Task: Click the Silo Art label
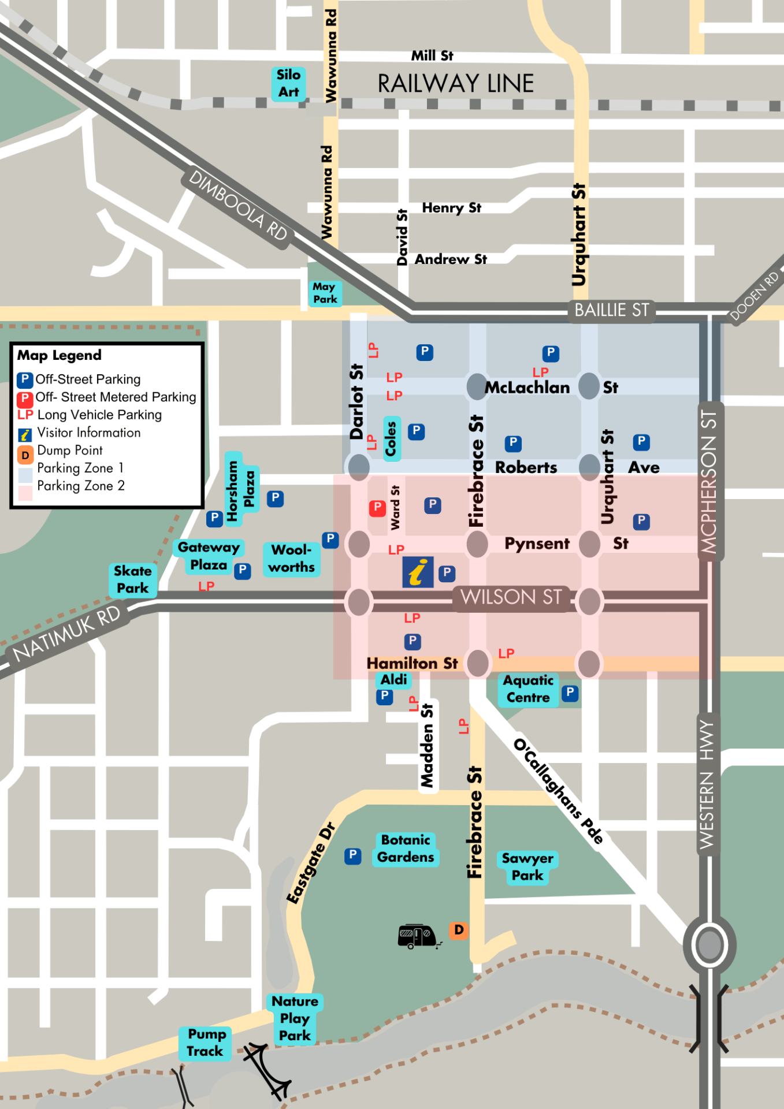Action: pyautogui.click(x=288, y=84)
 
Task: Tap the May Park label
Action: pyautogui.click(x=325, y=293)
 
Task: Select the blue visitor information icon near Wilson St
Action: pyautogui.click(x=418, y=572)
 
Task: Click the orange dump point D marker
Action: pyautogui.click(x=459, y=930)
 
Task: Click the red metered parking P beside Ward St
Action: pyautogui.click(x=377, y=508)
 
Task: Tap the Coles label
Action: pyautogui.click(x=391, y=438)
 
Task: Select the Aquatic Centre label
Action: pyautogui.click(x=527, y=689)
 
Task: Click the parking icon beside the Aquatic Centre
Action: pyautogui.click(x=570, y=693)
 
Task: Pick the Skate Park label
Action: pyautogui.click(x=133, y=579)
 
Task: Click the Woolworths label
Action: pyautogui.click(x=292, y=559)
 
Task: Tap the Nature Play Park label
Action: pyautogui.click(x=295, y=1018)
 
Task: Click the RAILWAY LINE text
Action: pyautogui.click(x=455, y=84)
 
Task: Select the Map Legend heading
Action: pyautogui.click(x=60, y=355)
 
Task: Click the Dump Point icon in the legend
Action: pyautogui.click(x=25, y=455)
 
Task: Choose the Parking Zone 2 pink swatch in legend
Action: pyautogui.click(x=25, y=493)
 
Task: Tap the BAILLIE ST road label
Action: pyautogui.click(x=611, y=311)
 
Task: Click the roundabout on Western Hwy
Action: pyautogui.click(x=709, y=945)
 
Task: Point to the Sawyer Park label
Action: pyautogui.click(x=527, y=867)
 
